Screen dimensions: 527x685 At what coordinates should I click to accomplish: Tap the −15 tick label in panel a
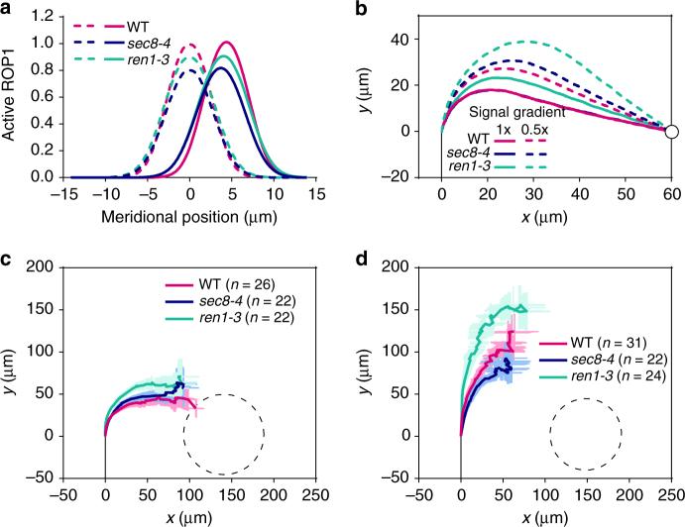58,196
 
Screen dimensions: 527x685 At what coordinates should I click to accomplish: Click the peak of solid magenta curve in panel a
226,43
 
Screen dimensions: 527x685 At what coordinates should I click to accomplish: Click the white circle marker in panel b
671,131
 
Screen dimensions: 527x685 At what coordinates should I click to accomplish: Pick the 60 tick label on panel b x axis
671,196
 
